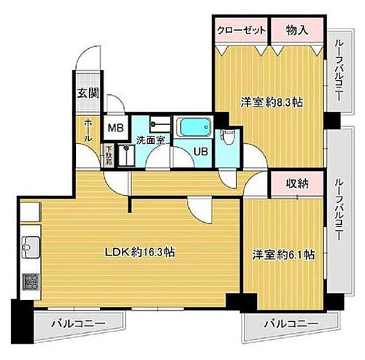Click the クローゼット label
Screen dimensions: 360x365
coord(241,31)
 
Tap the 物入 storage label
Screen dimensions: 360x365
coord(296,31)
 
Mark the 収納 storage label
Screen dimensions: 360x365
coord(296,184)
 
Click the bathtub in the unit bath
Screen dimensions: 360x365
coord(193,128)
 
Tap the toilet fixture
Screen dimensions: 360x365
coord(228,137)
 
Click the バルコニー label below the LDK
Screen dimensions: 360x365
coord(77,322)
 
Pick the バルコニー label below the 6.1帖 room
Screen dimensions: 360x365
coord(290,322)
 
